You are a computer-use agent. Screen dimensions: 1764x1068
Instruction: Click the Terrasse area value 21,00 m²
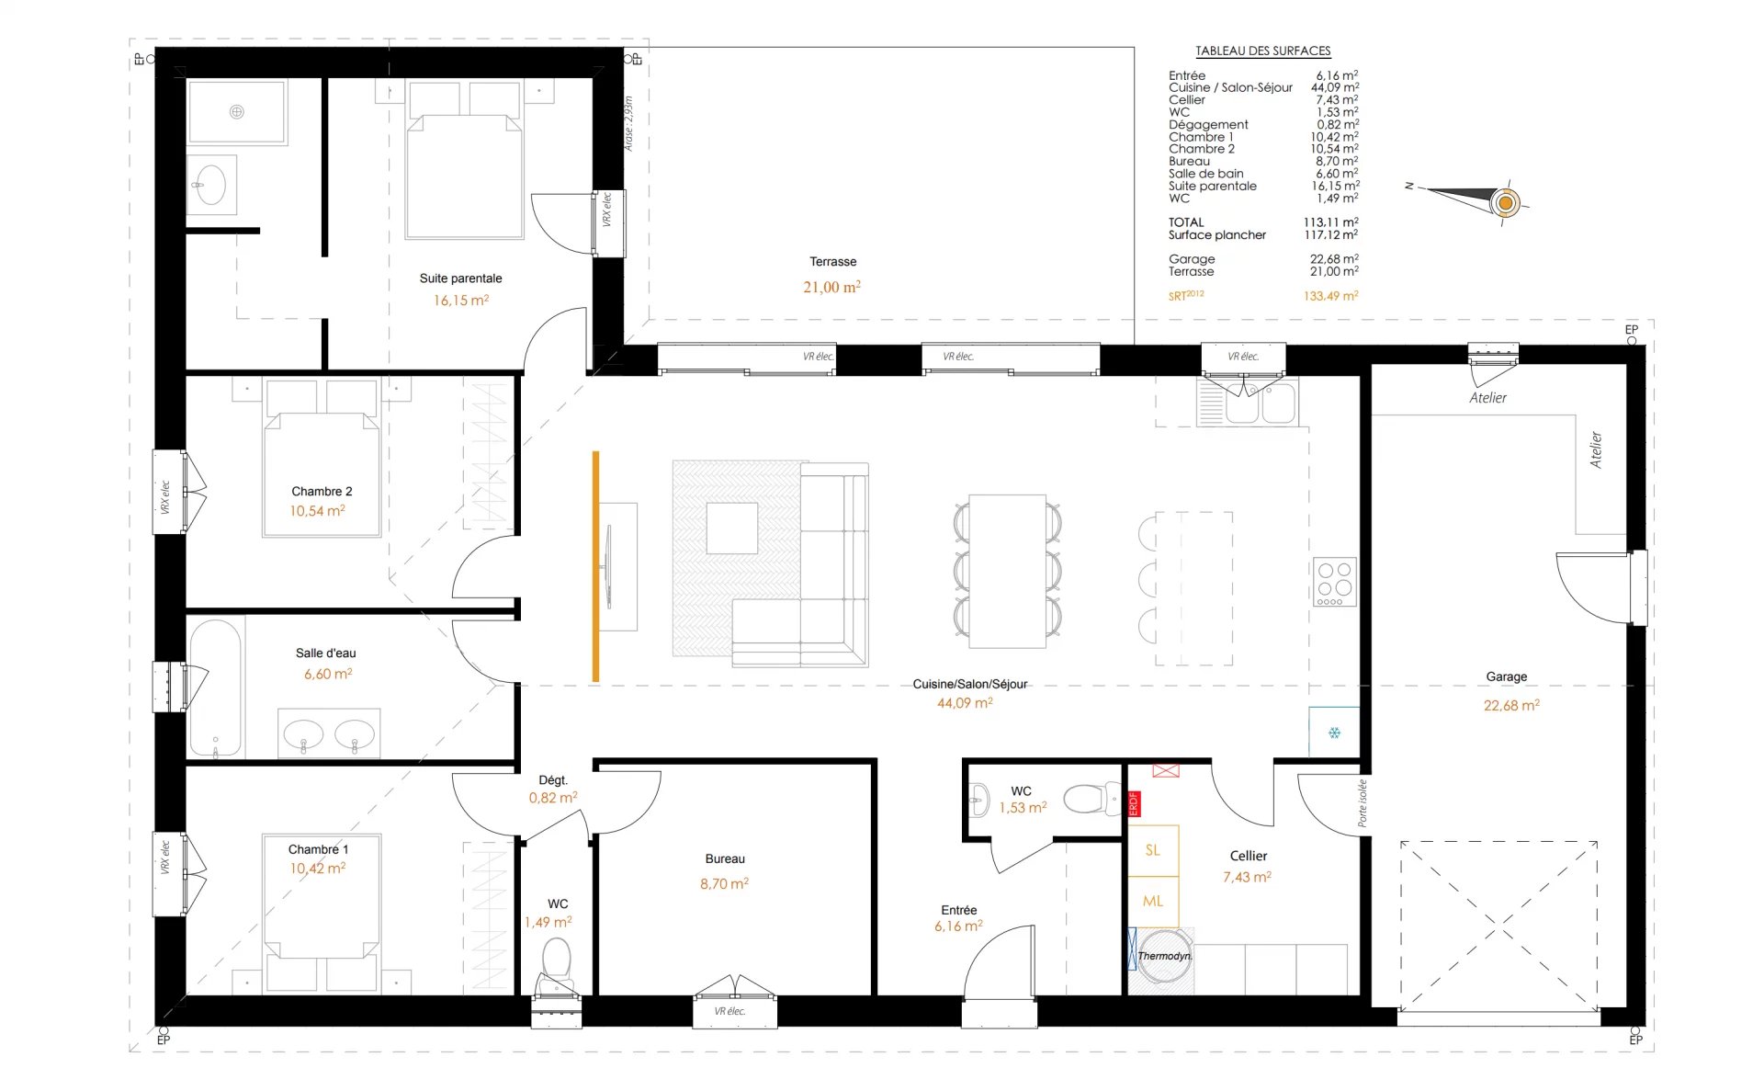pos(831,287)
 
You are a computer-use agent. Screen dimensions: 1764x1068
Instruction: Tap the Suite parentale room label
pos(460,278)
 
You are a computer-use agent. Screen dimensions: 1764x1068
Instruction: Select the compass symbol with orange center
pos(1505,202)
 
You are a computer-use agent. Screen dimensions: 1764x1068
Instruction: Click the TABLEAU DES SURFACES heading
pos(1262,51)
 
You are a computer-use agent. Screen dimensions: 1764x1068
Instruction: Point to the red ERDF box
pos(1134,804)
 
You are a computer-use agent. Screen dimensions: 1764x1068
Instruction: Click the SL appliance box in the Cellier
pos(1153,850)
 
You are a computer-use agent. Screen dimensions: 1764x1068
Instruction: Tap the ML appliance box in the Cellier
pos(1153,902)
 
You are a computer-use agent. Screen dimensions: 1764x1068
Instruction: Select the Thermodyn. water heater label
pos(1165,956)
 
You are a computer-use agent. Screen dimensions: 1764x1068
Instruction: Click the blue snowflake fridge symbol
pos(1334,733)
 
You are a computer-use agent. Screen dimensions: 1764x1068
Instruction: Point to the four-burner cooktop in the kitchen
pos(1334,582)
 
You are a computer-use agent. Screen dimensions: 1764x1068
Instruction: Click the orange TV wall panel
pos(595,566)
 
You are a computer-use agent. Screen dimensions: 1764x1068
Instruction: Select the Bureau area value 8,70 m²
pos(724,883)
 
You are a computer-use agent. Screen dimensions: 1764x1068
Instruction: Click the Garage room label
pos(1507,676)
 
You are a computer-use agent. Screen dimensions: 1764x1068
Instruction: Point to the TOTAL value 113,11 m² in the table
pos(1330,222)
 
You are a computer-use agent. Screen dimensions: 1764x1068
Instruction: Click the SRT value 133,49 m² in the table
pos(1330,296)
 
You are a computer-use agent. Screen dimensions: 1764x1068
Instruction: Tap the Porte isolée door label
pos(1363,803)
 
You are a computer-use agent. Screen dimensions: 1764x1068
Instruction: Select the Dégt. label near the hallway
pos(553,780)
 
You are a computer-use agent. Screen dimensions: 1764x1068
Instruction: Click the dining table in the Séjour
pos(1008,571)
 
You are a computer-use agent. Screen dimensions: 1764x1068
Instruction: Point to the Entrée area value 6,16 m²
pos(958,926)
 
